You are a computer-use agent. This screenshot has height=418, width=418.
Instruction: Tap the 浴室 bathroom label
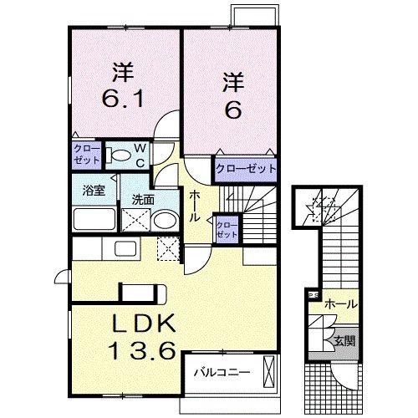[x=92, y=191]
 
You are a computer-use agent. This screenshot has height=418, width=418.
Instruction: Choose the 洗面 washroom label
[x=141, y=201]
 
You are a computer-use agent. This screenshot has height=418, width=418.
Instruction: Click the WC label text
[x=141, y=155]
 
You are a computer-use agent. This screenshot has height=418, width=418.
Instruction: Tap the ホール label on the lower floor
[x=341, y=303]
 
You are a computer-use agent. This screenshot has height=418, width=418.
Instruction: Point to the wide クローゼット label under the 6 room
[x=246, y=169]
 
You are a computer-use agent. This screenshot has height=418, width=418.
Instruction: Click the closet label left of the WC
[x=86, y=154]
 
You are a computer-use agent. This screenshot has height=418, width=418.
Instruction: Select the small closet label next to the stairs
[x=227, y=228]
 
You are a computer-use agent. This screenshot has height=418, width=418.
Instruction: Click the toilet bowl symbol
[x=119, y=155]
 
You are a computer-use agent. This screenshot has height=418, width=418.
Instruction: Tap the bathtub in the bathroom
[x=93, y=219]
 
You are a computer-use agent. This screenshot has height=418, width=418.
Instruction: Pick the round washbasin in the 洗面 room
[x=166, y=221]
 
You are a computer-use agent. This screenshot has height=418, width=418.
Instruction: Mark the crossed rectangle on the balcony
[x=268, y=371]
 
